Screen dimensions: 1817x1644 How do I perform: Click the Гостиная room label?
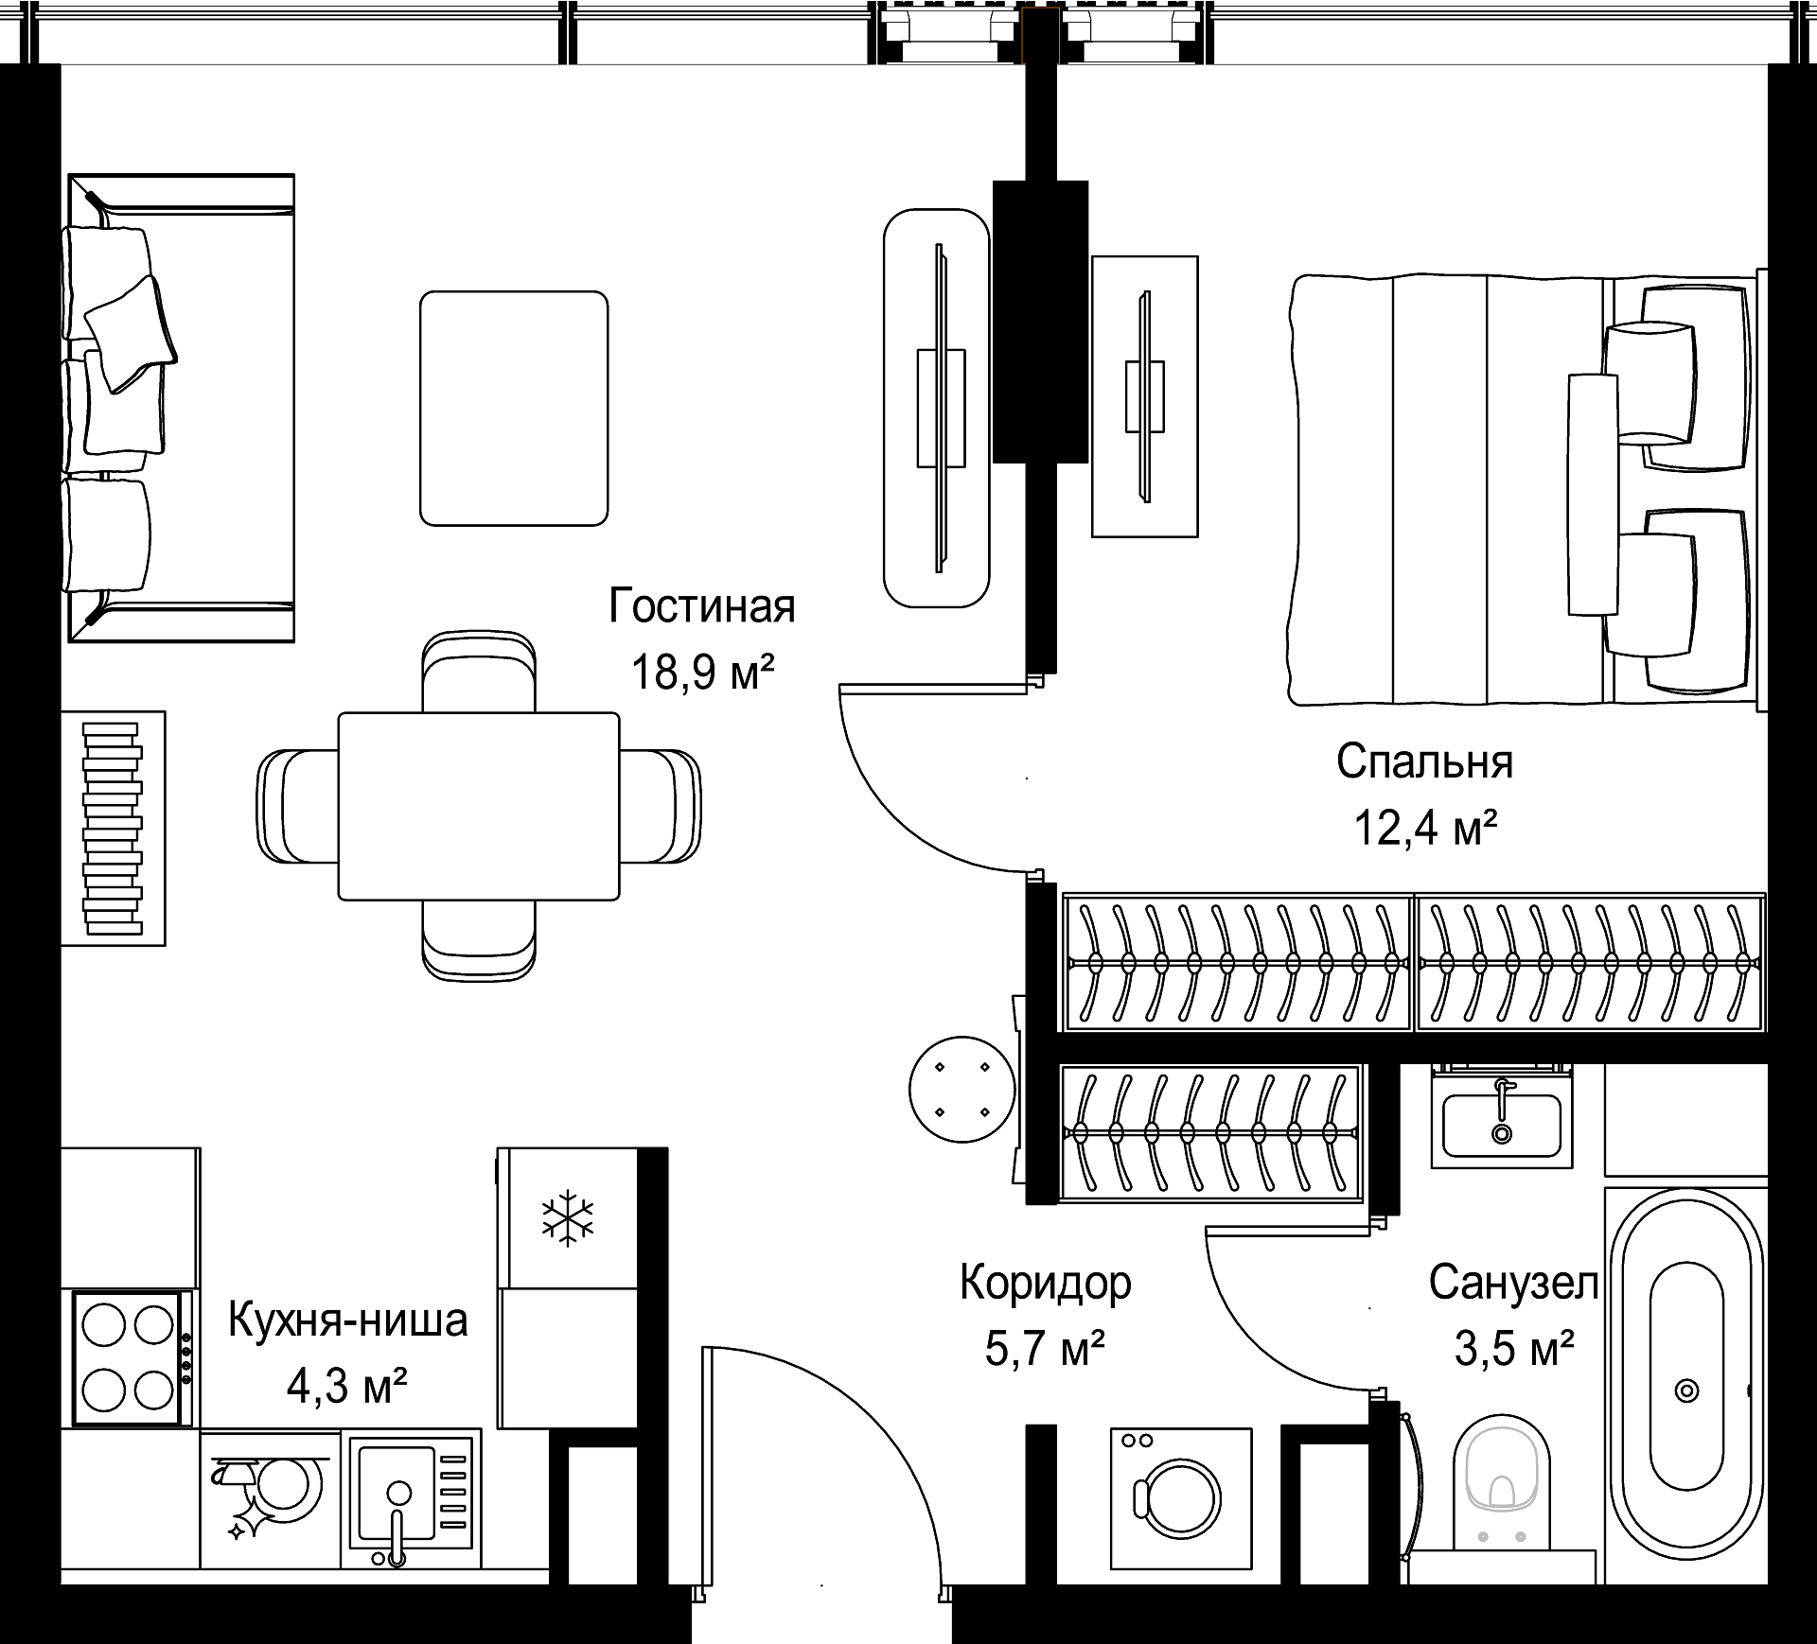(x=702, y=606)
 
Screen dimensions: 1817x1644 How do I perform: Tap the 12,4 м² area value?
(x=1425, y=828)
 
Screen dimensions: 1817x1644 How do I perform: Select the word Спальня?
(x=1424, y=761)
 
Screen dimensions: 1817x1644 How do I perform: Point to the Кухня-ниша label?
(x=348, y=1320)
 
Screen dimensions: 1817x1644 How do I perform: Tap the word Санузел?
(x=1513, y=1284)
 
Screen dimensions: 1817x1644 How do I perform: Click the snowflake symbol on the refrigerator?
(x=568, y=1218)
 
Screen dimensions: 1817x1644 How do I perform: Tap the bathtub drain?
(x=1686, y=1390)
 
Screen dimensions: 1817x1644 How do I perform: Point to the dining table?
(x=479, y=806)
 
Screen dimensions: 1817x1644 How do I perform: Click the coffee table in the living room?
(x=514, y=408)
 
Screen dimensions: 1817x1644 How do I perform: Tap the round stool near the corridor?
(x=961, y=1090)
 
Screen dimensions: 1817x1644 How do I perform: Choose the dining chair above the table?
(x=479, y=672)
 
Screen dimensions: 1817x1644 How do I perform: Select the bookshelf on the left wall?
(x=114, y=828)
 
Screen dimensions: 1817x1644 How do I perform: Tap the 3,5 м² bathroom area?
(x=1514, y=1349)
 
